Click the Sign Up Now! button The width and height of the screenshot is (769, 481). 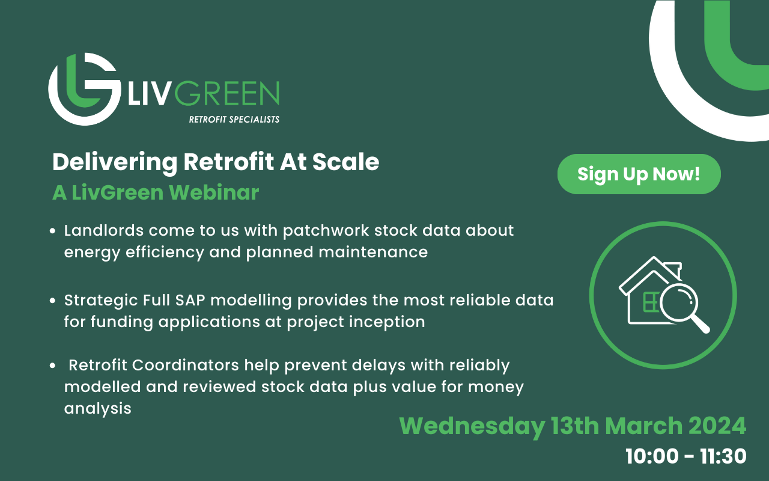639,174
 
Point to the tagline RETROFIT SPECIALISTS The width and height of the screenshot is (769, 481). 234,120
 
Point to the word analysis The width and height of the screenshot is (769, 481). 97,408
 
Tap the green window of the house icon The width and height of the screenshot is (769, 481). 649,302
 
